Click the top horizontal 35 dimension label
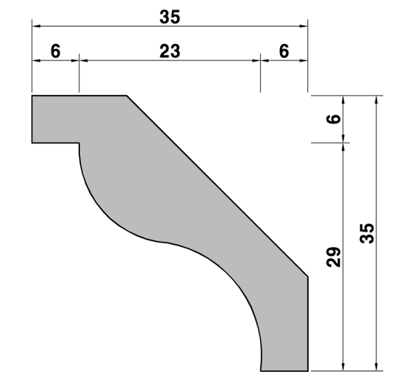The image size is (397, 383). pos(170,17)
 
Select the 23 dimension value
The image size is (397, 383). pos(170,51)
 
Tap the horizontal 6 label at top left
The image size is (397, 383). pos(56,51)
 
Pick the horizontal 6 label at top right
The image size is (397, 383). pos(284,51)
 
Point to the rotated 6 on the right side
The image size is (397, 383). pos(334,119)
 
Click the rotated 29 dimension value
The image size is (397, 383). pos(334,257)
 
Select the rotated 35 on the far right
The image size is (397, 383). pos(367,233)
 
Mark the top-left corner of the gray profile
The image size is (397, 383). pos(32,96)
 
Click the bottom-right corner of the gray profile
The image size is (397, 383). pos(308,371)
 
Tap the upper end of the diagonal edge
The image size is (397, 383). pos(127,96)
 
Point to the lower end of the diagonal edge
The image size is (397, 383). pos(308,276)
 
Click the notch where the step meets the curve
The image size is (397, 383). pos(79,143)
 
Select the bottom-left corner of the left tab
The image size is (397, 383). pos(32,143)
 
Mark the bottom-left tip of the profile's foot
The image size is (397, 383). pos(261,371)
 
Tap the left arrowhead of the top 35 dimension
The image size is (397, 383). pos(36,26)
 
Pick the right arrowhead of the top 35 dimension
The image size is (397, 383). pos(304,26)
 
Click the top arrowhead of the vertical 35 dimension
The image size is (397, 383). pos(376,100)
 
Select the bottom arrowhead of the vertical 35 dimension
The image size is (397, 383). pos(376,367)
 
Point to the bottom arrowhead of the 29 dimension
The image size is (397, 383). pos(343,367)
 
